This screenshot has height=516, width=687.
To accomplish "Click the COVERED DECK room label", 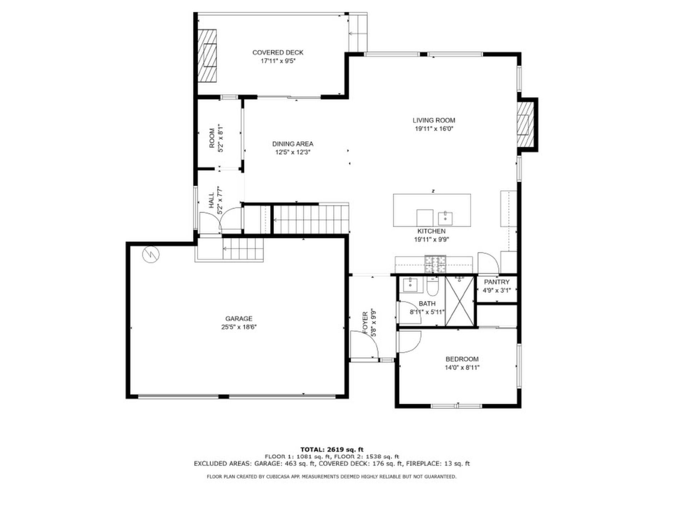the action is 278,53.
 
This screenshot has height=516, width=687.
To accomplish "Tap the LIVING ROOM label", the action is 434,121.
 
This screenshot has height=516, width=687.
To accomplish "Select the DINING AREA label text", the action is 293,144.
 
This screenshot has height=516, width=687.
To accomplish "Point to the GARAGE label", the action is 239,319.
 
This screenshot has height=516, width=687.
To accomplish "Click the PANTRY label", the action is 497,282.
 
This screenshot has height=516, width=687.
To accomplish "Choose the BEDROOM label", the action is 462,359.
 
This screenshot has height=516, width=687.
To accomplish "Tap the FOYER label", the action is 365,323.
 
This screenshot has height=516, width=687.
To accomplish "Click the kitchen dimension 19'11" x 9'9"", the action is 432,240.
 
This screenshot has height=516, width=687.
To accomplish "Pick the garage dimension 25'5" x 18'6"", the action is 239,327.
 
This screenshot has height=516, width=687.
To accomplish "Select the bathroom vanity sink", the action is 410,285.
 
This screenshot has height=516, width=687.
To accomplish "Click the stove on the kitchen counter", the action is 435,264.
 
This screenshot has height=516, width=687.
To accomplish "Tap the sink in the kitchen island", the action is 445,218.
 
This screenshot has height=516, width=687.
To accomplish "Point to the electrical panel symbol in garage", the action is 151,255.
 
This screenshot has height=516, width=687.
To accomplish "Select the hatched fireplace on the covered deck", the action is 208,55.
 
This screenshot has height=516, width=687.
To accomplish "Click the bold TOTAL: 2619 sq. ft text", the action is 332,450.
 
